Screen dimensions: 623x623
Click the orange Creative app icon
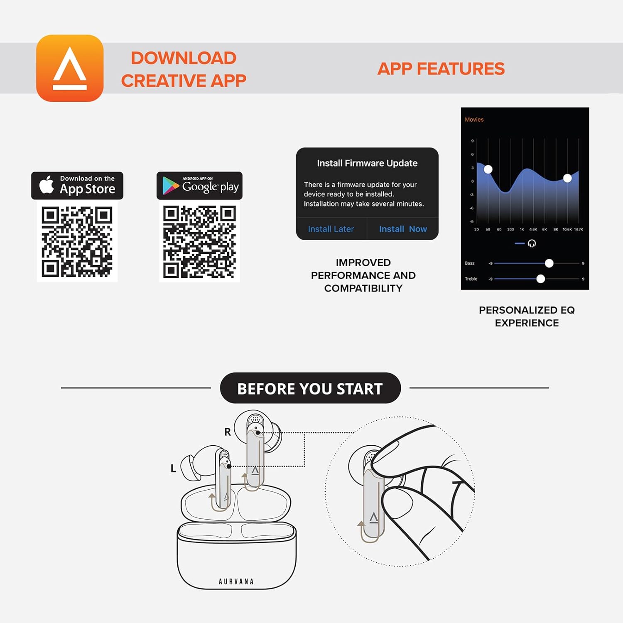[x=70, y=68]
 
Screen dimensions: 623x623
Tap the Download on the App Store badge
[x=77, y=185]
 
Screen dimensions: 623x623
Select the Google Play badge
[x=199, y=186]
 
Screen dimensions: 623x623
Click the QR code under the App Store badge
[x=77, y=242]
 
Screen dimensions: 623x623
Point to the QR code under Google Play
[x=199, y=242]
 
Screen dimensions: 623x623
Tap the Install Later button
[x=331, y=229]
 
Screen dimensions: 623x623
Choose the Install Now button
[x=402, y=229]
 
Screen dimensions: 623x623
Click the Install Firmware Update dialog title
[x=367, y=163]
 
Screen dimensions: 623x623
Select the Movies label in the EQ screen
[x=474, y=120]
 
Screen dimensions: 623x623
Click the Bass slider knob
[x=549, y=263]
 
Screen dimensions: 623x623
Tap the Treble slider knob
[x=540, y=279]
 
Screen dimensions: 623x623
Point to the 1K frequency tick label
[x=522, y=229]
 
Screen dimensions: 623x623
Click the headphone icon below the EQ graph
[x=532, y=243]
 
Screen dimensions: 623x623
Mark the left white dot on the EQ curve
[x=488, y=169]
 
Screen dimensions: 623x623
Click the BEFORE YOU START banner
[x=310, y=388]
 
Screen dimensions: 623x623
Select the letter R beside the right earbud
[x=228, y=432]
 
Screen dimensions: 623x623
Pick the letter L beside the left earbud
[x=174, y=468]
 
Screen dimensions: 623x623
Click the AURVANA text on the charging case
[x=236, y=581]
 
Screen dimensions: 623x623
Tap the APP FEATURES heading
[x=441, y=69]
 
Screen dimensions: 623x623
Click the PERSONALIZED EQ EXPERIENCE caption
[x=527, y=316]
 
